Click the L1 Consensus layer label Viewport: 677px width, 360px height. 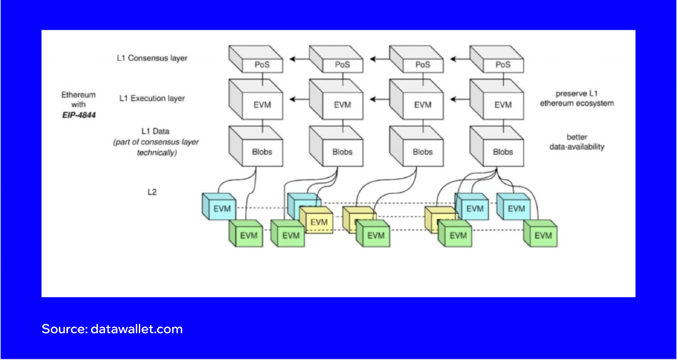[x=152, y=58]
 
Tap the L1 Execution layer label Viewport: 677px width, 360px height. [x=152, y=99]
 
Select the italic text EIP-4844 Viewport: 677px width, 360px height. [x=79, y=115]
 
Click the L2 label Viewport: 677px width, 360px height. [x=152, y=192]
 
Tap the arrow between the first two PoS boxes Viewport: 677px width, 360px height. [x=299, y=59]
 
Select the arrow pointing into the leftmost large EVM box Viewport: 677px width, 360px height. [x=299, y=99]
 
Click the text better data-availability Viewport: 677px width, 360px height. [x=577, y=142]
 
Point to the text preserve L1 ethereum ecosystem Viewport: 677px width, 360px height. [x=577, y=98]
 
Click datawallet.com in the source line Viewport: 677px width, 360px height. [x=136, y=329]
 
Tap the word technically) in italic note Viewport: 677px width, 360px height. [x=157, y=153]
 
